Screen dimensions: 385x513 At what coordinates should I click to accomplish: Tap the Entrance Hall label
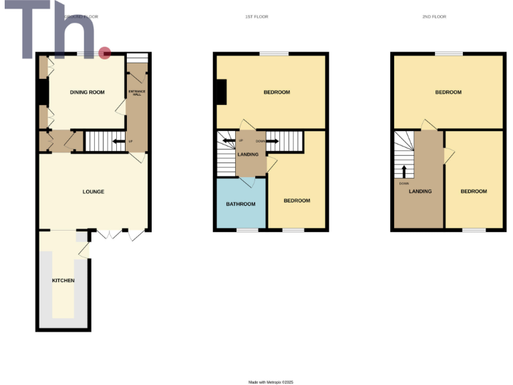(136, 92)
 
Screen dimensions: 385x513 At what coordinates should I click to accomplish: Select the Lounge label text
(93, 192)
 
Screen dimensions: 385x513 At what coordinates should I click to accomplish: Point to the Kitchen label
(63, 280)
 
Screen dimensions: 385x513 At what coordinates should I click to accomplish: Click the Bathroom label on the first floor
(239, 204)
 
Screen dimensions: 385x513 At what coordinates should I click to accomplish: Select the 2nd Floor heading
(435, 16)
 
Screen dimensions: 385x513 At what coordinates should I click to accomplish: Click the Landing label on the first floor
(248, 155)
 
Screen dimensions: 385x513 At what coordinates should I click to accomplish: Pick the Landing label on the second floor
(420, 191)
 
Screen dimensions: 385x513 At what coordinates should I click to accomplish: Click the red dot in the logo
(104, 53)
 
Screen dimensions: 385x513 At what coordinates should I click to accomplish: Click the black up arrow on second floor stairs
(403, 170)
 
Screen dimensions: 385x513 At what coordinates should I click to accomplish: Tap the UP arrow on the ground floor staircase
(118, 141)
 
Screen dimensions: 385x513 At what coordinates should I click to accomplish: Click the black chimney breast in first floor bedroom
(220, 92)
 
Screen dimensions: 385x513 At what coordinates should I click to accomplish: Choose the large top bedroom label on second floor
(448, 92)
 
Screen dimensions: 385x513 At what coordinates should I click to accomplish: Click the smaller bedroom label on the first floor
(297, 201)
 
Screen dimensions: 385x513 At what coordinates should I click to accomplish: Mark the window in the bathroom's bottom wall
(247, 231)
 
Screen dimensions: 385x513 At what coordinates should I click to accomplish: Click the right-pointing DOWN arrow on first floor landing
(272, 141)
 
